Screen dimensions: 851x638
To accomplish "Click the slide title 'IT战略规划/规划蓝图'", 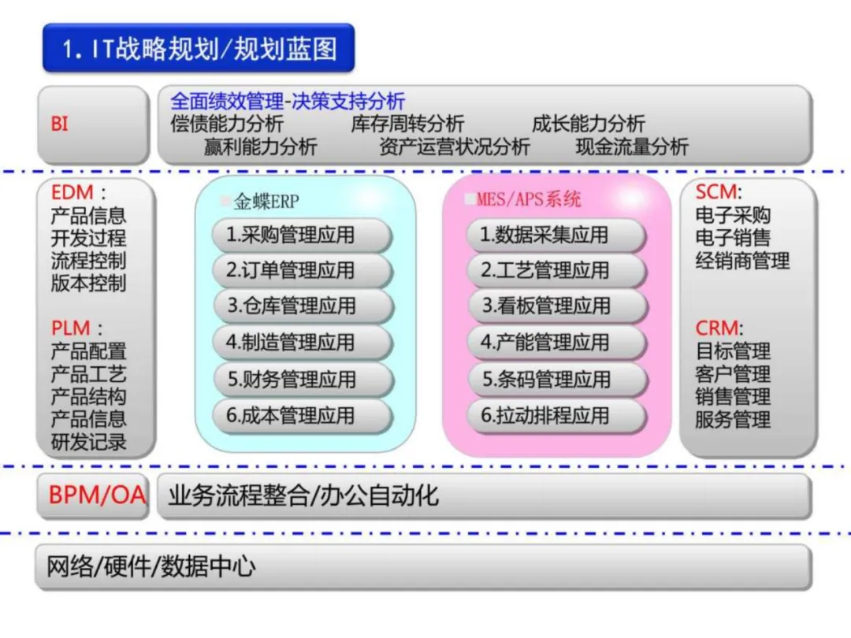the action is click(x=199, y=49).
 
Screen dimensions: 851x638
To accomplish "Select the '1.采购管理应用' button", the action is click(x=302, y=235).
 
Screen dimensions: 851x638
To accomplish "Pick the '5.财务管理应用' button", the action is click(x=302, y=380).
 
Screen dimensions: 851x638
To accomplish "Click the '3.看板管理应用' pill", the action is click(x=556, y=306).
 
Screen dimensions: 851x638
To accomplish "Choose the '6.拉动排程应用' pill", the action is click(x=556, y=416).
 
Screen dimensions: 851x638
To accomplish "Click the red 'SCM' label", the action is click(x=716, y=192).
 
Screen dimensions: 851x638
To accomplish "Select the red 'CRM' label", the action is click(x=716, y=328).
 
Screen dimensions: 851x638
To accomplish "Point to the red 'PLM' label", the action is click(x=71, y=328).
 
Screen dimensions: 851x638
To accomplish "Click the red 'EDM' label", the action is click(x=72, y=192).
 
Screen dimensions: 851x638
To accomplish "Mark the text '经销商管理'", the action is click(x=742, y=261).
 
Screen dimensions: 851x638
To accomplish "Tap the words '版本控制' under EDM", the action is click(x=88, y=284).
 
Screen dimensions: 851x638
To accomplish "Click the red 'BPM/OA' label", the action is click(x=97, y=495).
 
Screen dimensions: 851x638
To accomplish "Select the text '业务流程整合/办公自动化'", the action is click(x=303, y=495).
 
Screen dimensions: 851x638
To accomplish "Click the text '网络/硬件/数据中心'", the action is click(x=151, y=567).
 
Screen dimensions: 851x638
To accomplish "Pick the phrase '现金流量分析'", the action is click(x=632, y=147).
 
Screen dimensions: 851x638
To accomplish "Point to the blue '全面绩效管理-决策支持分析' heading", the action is click(x=288, y=101).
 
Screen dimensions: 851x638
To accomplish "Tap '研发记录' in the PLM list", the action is click(x=88, y=442).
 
